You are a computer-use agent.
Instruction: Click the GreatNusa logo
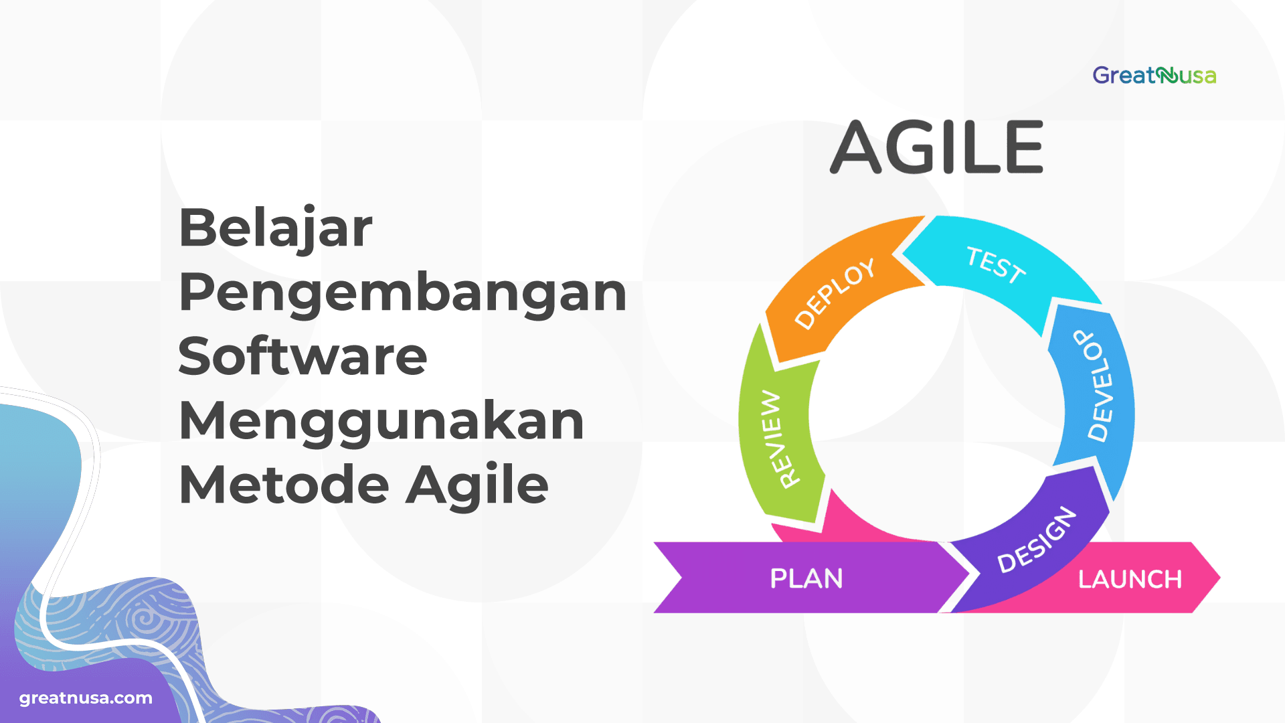[1154, 75]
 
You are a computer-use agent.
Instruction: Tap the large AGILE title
[937, 147]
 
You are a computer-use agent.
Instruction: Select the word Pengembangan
[402, 293]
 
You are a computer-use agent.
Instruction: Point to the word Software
[303, 356]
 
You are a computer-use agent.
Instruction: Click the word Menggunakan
[381, 420]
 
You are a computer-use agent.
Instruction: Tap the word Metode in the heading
[284, 485]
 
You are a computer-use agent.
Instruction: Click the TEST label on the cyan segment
[995, 265]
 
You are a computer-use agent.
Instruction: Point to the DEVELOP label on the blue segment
[1098, 386]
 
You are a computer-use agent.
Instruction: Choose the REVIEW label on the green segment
[780, 439]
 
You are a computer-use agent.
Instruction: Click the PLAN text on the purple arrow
[806, 578]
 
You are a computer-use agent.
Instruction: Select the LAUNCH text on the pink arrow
[1130, 579]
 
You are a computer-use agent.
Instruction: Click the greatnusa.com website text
[86, 698]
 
